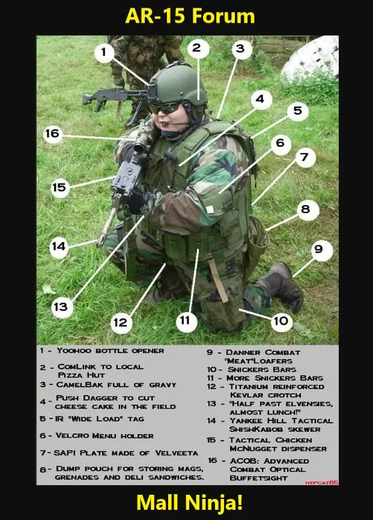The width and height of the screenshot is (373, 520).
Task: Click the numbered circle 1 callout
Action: pos(104,52)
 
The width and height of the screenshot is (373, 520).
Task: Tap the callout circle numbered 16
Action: pos(52,134)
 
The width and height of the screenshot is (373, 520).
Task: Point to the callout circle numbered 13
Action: pos(61,307)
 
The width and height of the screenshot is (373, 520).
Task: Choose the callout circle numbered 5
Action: pos(298,110)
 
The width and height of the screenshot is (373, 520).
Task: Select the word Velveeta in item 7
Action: pos(177,453)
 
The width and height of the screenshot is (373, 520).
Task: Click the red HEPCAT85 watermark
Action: pos(321,483)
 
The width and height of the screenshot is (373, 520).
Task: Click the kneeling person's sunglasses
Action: pos(165,107)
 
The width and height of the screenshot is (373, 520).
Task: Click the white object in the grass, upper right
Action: pos(311,57)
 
